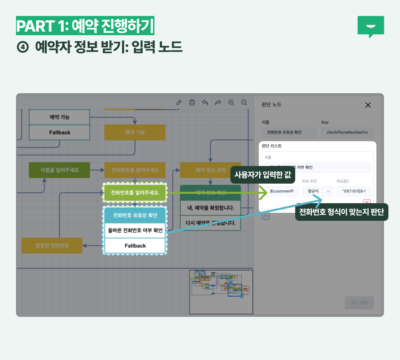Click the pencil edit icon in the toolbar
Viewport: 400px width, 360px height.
pyautogui.click(x=179, y=102)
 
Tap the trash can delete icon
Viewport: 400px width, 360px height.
pyautogui.click(x=192, y=102)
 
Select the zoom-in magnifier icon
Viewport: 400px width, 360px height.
pyautogui.click(x=231, y=102)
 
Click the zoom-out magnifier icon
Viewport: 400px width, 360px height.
pyautogui.click(x=244, y=102)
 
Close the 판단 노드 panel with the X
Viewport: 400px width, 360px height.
pyautogui.click(x=368, y=105)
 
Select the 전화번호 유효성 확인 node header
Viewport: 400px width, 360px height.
pyautogui.click(x=135, y=215)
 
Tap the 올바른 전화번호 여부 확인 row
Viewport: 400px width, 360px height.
pyautogui.click(x=135, y=230)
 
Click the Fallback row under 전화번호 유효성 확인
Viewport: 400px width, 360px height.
pyautogui.click(x=135, y=246)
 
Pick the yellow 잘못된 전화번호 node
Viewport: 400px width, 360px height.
pyautogui.click(x=52, y=246)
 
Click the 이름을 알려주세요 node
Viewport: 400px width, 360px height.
pyautogui.click(x=59, y=170)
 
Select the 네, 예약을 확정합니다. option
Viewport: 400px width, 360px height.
pyautogui.click(x=210, y=208)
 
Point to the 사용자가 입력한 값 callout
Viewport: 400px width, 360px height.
pyautogui.click(x=262, y=175)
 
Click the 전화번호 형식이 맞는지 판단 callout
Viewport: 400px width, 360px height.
pyautogui.click(x=341, y=212)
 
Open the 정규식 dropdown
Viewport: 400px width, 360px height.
pyautogui.click(x=317, y=191)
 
